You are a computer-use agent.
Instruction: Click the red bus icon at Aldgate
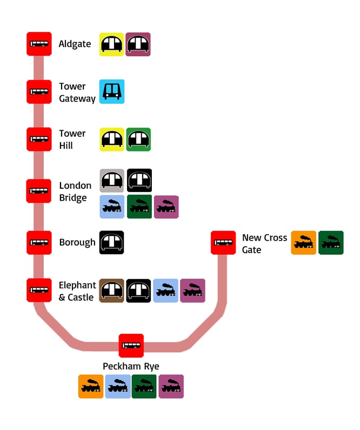coord(39,44)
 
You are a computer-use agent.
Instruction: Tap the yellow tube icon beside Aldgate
coord(111,44)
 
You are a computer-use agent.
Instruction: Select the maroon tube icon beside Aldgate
coord(138,44)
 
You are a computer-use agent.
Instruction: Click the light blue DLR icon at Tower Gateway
coord(112,92)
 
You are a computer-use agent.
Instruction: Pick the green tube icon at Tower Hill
coord(138,140)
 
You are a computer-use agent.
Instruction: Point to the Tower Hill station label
coord(72,140)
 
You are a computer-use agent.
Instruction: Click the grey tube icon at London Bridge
coord(112,181)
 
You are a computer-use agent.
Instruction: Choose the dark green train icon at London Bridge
coord(139,207)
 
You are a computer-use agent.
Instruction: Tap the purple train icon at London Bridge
coord(166,207)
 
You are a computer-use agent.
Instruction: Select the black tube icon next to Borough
coord(112,243)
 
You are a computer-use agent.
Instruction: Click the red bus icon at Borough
coord(39,243)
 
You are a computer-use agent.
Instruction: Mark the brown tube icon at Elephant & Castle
coord(112,290)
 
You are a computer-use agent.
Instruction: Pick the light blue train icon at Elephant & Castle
coord(165,290)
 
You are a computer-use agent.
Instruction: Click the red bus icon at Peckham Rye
coord(131,345)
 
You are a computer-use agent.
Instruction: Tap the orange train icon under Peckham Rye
coord(90,387)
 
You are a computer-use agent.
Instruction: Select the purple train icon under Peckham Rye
coord(171,387)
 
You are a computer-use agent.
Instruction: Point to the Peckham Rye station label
coord(131,367)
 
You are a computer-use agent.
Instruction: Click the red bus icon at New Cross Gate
coord(223,243)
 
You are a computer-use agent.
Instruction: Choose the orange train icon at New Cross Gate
coord(303,243)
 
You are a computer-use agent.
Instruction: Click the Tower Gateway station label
coord(77,92)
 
